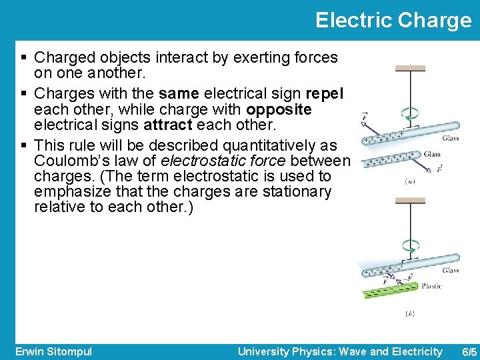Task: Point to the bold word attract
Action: pos(167,125)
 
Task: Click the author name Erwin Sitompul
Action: pos(53,351)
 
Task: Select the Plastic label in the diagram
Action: pos(431,286)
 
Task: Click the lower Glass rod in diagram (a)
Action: pos(390,159)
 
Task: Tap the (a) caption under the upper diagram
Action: pos(411,181)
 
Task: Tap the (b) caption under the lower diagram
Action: pos(410,313)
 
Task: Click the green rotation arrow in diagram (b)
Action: pos(411,245)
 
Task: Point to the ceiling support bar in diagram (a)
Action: pos(410,68)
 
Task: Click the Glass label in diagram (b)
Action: pos(450,270)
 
